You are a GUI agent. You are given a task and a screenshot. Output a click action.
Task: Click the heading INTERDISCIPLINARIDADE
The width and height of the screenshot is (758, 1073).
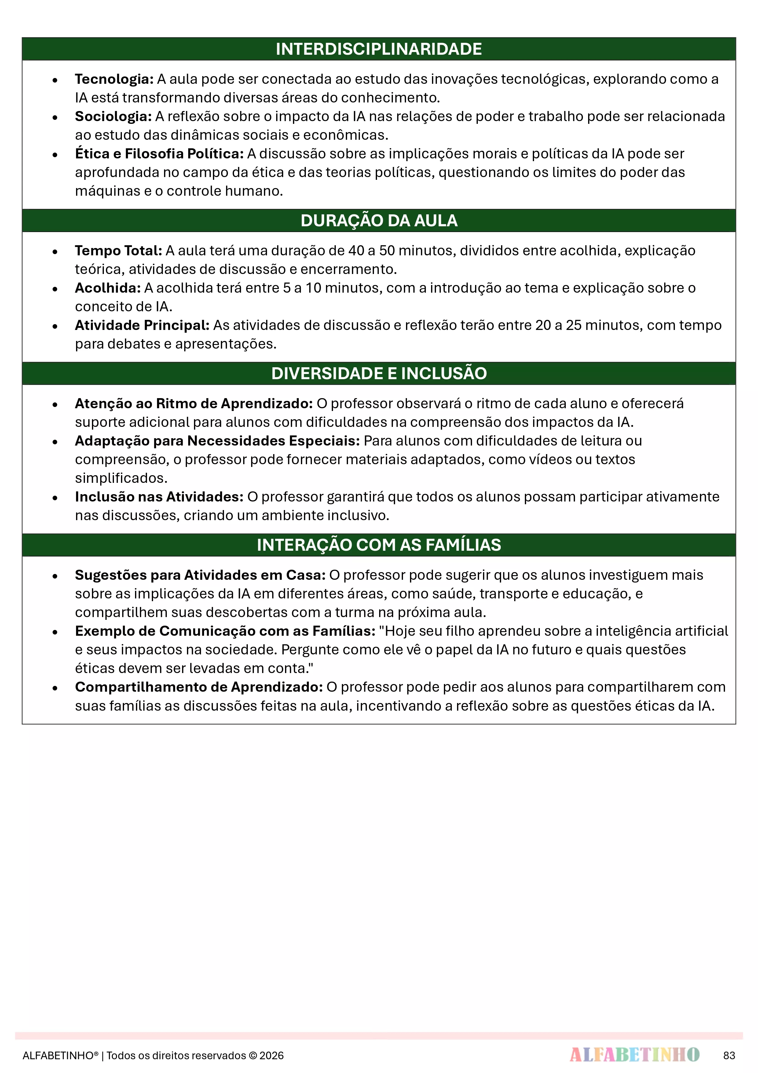point(379,49)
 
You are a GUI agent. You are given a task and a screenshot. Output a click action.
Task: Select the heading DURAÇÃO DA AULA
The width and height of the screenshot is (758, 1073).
point(379,220)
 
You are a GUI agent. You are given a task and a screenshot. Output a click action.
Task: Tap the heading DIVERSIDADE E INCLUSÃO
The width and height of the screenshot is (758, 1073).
point(379,373)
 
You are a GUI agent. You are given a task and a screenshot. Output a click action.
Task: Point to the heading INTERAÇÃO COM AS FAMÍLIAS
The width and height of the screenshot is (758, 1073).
point(379,545)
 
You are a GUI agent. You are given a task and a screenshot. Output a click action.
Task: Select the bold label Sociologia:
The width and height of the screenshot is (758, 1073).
point(113,117)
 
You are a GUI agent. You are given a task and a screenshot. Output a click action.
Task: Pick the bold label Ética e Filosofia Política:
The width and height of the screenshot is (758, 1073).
point(159,154)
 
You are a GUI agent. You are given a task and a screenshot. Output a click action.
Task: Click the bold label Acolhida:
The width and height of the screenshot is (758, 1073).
point(108,288)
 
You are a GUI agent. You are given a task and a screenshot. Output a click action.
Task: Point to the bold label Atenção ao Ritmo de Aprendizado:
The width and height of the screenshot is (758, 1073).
point(194,403)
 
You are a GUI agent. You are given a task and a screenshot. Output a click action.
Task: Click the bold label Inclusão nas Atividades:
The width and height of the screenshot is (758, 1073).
point(159,497)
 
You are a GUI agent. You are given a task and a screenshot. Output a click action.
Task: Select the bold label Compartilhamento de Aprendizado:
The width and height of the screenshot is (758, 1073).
point(199,687)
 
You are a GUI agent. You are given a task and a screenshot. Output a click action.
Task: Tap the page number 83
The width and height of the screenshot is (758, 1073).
point(729,1056)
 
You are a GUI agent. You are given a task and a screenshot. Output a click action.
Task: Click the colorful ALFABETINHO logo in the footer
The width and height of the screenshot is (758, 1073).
point(634,1055)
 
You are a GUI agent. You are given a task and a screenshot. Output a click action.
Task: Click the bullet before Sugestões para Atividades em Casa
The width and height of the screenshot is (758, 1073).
point(55,576)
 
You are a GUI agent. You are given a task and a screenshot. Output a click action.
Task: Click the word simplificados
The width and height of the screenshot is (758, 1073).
point(121,478)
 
